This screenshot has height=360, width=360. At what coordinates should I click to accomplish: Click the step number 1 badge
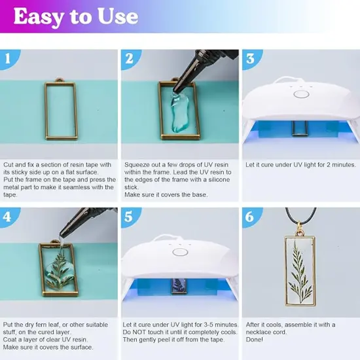point(8,59)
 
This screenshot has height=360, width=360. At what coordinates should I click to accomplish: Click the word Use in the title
point(117,16)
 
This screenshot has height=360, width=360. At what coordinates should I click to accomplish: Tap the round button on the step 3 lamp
point(301,94)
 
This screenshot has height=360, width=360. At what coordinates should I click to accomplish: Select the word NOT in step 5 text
point(139,332)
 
